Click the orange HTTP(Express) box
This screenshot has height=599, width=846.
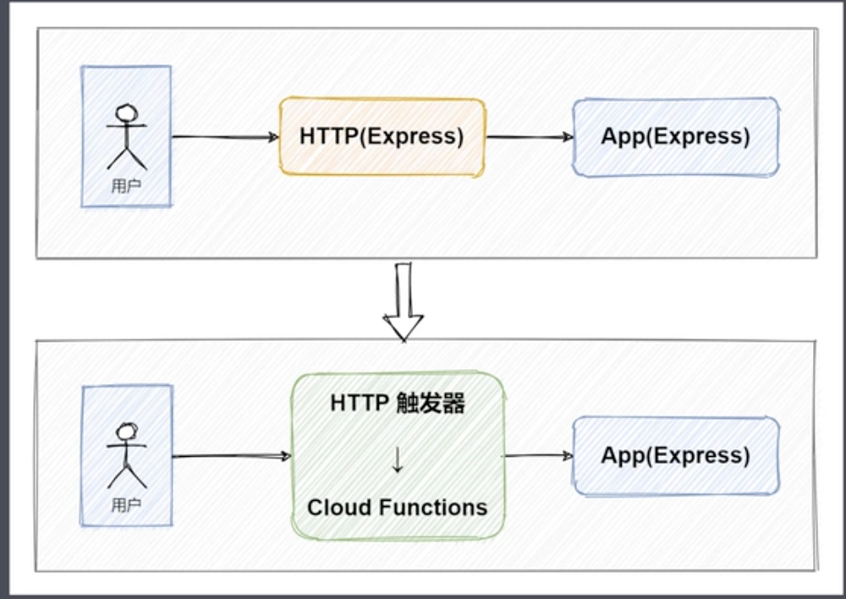382,137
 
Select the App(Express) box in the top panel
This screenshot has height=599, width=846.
675,137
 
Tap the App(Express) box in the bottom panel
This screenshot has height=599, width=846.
675,455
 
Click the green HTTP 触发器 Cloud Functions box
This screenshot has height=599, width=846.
398,455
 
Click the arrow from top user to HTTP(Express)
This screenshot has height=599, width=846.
225,136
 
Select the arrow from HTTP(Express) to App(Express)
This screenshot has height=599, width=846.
530,136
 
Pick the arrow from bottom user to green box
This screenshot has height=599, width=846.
231,456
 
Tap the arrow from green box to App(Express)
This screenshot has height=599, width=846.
539,455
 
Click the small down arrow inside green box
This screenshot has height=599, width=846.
398,457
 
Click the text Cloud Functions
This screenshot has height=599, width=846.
398,508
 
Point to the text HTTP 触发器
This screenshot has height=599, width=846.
398,404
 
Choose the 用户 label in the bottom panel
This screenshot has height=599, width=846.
126,506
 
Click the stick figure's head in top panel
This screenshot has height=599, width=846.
127,113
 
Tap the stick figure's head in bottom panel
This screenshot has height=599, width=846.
127,432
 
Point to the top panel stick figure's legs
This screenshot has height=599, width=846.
127,158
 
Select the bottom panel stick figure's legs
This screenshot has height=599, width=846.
127,476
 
